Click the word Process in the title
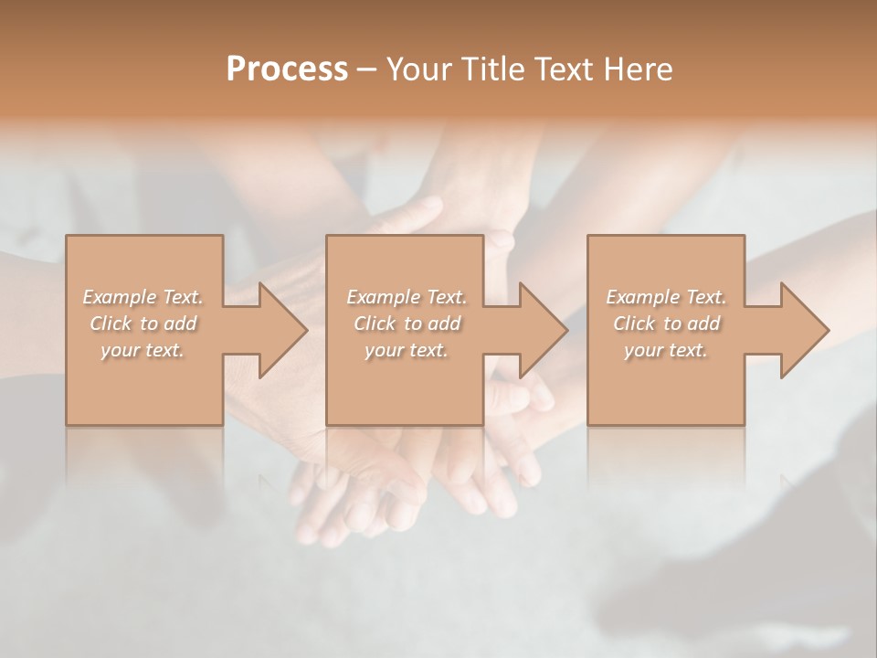tap(287, 69)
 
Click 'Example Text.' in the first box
tap(143, 297)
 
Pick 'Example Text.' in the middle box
tap(407, 297)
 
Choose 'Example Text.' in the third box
tap(666, 297)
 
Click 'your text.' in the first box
tap(143, 350)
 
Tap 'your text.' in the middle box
tap(407, 350)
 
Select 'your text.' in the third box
tap(666, 350)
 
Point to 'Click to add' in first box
tap(143, 324)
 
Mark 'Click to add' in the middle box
tap(407, 324)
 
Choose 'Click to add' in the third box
tap(666, 324)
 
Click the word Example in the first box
tap(120, 297)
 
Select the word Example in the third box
tap(642, 297)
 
